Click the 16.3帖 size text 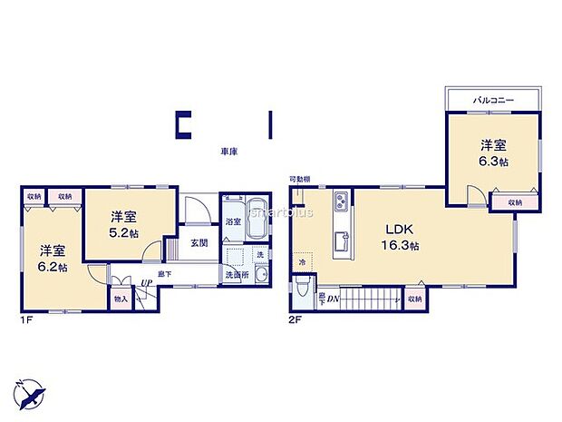click(x=399, y=246)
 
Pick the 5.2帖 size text click(x=125, y=232)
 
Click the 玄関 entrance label click(x=200, y=243)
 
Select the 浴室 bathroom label click(x=233, y=221)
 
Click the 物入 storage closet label click(x=121, y=297)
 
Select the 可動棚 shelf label click(x=300, y=179)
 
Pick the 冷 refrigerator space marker click(x=302, y=263)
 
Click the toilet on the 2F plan click(x=301, y=289)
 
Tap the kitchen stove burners click(x=341, y=202)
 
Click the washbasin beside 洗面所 click(x=260, y=276)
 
